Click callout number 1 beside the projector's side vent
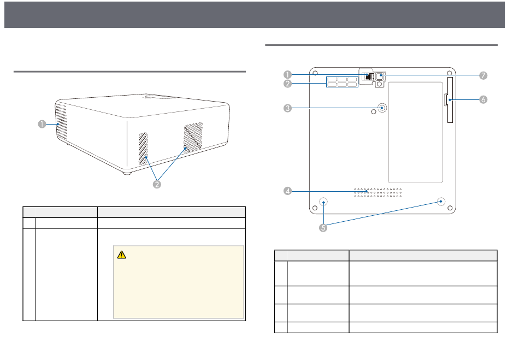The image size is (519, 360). pos(42,124)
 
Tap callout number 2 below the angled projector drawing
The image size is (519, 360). pos(157,184)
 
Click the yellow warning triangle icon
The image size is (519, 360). pos(121,255)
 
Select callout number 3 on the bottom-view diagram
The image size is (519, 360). pos(287,108)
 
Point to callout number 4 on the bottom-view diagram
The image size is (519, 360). pos(287,191)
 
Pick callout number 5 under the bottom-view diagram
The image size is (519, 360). pos(323,228)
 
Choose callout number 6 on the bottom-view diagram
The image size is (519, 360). pos(483,99)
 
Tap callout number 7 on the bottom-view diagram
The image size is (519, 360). pos(483,75)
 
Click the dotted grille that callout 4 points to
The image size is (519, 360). pos(378,193)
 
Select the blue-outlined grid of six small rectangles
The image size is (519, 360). pos(342,82)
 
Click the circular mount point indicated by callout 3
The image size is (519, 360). pos(382,108)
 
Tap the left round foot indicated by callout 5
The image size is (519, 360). pos(323,202)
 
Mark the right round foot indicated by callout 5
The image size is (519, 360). pos(441,201)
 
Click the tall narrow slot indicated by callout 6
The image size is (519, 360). pos(450,100)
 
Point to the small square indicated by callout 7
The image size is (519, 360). pos(380,76)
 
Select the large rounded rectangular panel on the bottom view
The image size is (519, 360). pos(415,132)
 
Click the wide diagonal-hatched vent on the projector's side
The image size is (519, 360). pos(193,136)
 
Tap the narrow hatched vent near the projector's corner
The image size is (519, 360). pos(143,149)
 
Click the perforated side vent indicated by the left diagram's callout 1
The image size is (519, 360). pos(61,121)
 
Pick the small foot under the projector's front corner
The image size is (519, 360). pos(127,173)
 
